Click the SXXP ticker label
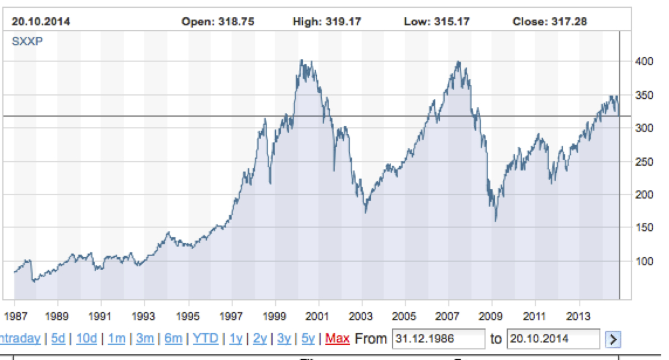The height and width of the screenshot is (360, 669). (24, 40)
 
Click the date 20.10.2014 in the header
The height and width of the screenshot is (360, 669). (41, 22)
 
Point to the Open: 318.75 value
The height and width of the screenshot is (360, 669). (218, 22)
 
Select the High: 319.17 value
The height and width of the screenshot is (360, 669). (327, 22)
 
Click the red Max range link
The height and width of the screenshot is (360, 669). (337, 339)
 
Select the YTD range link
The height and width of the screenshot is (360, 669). (205, 339)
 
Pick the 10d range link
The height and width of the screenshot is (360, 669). (87, 339)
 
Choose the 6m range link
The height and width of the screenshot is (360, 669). (174, 339)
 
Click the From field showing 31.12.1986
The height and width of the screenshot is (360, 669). (438, 339)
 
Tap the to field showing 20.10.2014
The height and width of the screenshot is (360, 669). (553, 339)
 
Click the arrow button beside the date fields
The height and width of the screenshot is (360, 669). (613, 339)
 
